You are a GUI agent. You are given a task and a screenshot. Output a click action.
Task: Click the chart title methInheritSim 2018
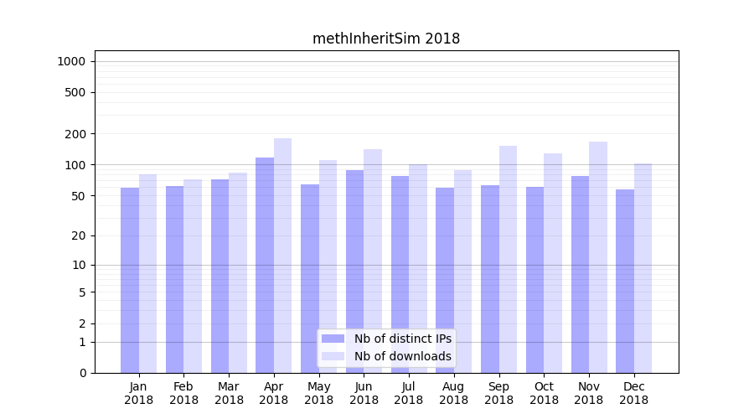click(x=386, y=39)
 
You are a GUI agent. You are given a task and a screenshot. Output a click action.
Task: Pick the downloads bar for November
click(x=598, y=257)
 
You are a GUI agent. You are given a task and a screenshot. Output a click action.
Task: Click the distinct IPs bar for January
click(x=130, y=280)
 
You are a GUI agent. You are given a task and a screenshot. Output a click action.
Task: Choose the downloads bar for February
click(x=193, y=276)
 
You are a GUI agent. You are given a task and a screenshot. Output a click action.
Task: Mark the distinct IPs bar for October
click(x=535, y=280)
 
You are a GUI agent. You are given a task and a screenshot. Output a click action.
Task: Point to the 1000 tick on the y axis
click(x=71, y=61)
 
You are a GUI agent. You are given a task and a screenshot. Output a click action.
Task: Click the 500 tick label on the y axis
click(x=75, y=92)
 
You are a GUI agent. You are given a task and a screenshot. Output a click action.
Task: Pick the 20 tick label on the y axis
click(x=78, y=235)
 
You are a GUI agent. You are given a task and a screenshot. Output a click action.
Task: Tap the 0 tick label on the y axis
click(x=82, y=373)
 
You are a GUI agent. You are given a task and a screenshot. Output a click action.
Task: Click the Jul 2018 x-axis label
click(x=409, y=393)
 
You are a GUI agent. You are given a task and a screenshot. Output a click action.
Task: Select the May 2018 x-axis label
click(x=318, y=393)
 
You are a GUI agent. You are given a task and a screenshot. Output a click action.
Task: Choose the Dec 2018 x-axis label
click(x=634, y=393)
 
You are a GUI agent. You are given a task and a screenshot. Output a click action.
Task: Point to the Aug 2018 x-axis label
click(x=454, y=393)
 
